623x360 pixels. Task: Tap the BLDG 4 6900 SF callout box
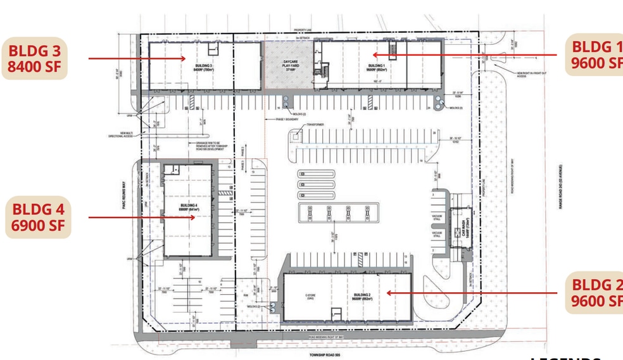(37, 217)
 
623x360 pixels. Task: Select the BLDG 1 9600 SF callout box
(594, 54)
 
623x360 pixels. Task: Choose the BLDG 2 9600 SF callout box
(594, 294)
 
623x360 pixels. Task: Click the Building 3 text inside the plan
(203, 65)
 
